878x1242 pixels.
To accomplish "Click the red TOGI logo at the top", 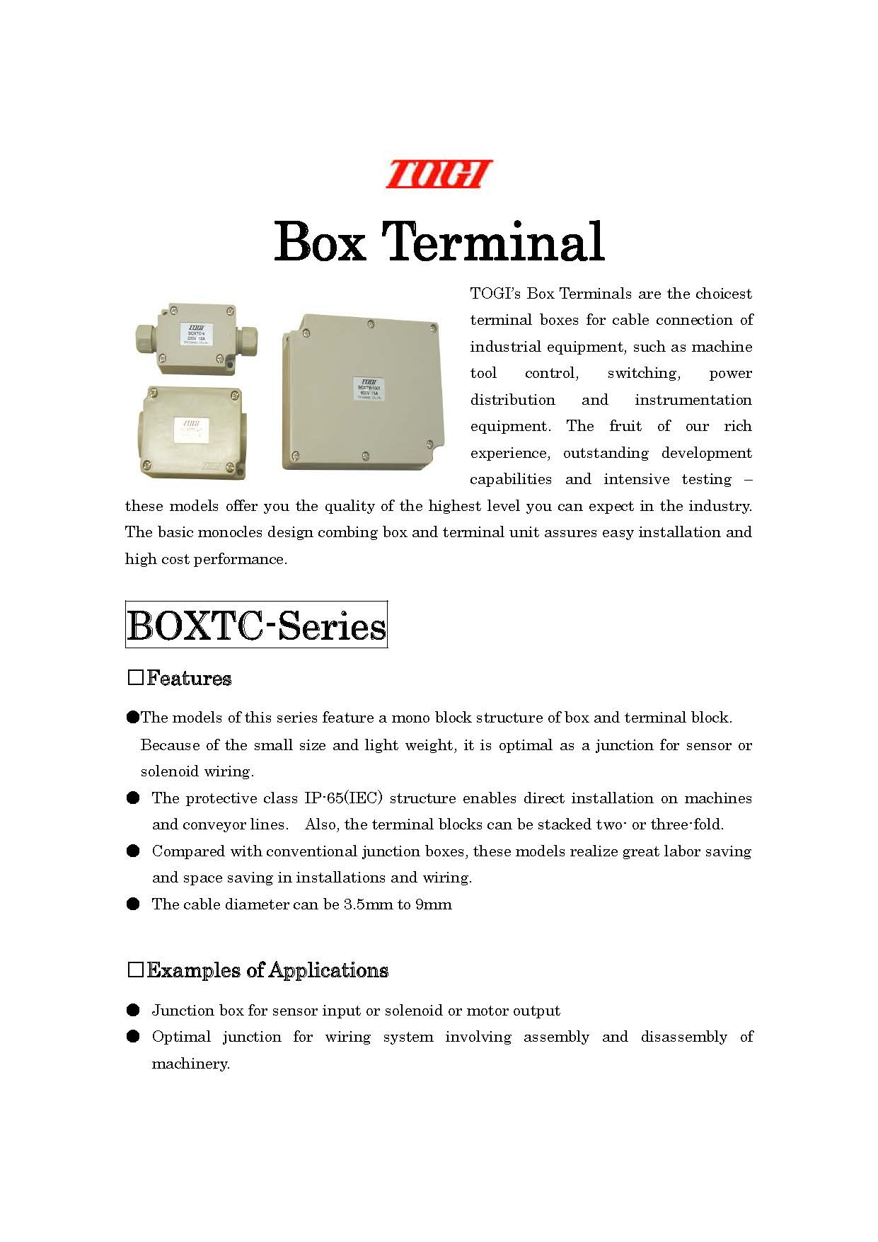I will click(439, 174).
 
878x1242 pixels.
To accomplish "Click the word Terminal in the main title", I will click(493, 242).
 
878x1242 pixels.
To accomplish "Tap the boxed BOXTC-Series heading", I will click(256, 625).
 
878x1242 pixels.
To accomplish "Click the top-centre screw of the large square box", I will click(371, 324).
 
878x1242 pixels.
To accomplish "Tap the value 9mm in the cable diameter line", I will click(434, 904).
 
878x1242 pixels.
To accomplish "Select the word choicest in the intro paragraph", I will click(723, 294).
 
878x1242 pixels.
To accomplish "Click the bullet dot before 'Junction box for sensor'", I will click(133, 1010).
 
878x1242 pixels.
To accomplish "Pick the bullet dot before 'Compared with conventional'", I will click(133, 851).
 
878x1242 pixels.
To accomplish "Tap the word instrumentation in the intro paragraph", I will click(693, 400).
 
